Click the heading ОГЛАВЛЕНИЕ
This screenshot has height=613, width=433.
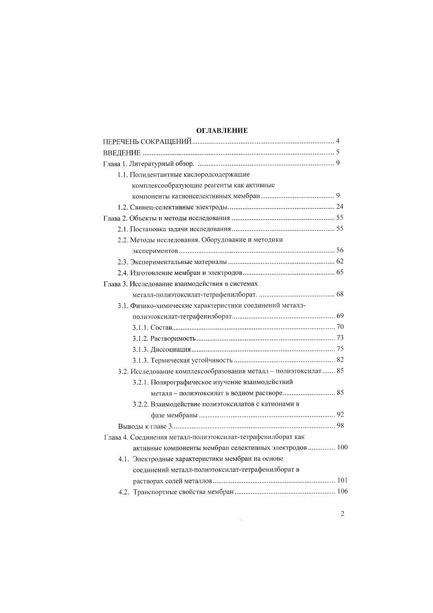tap(222, 130)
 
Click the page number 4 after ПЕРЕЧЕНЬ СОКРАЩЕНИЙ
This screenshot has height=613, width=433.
tap(338, 141)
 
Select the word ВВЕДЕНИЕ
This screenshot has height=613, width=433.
tap(122, 152)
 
